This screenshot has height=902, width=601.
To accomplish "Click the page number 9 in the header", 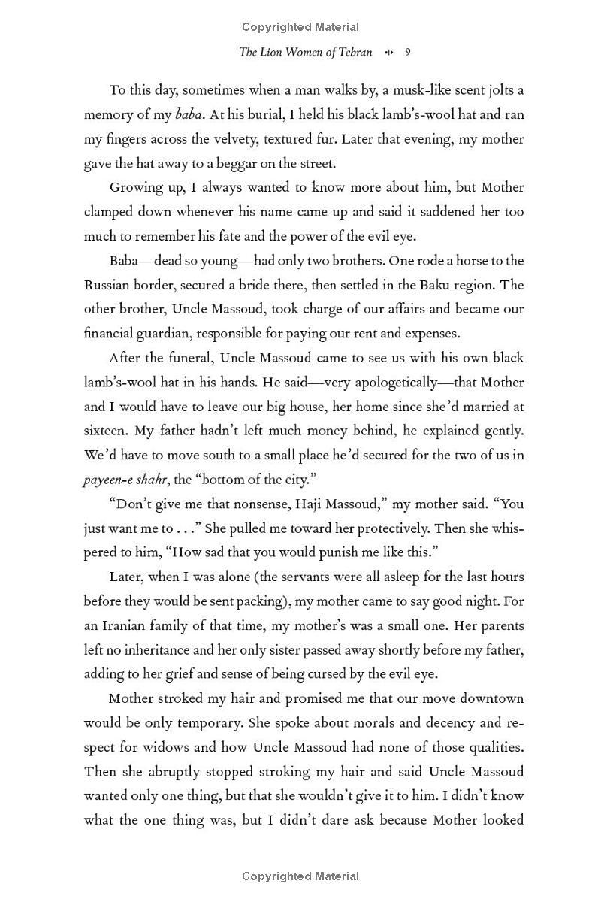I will pos(407,53).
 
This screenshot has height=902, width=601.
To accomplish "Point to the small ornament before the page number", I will pos(388,53).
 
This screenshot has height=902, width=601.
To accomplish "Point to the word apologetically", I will pos(382,382).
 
